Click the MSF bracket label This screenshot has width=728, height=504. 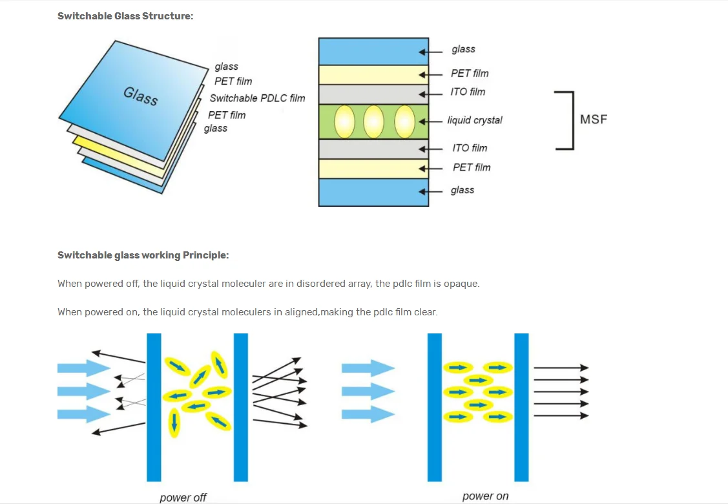point(594,120)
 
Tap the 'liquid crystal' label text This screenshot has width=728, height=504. point(475,120)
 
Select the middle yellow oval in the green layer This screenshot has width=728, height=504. point(373,121)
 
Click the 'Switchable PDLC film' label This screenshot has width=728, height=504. point(257,98)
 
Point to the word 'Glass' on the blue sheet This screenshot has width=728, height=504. point(141,96)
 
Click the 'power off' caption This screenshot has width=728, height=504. point(183,498)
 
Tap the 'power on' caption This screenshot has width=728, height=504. point(485,496)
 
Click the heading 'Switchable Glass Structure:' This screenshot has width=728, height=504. point(125,16)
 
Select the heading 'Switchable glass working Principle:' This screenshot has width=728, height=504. point(143,255)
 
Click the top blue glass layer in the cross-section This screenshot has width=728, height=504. point(373,52)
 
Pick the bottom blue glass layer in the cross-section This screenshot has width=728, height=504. point(373,193)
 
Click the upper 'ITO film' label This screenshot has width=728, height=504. point(468,92)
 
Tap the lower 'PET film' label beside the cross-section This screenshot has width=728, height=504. point(472,167)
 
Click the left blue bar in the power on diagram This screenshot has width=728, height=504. point(435,407)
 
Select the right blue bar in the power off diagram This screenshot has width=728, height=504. point(240,407)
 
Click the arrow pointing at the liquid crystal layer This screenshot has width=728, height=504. point(430,121)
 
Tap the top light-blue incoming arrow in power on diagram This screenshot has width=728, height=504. point(368,368)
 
